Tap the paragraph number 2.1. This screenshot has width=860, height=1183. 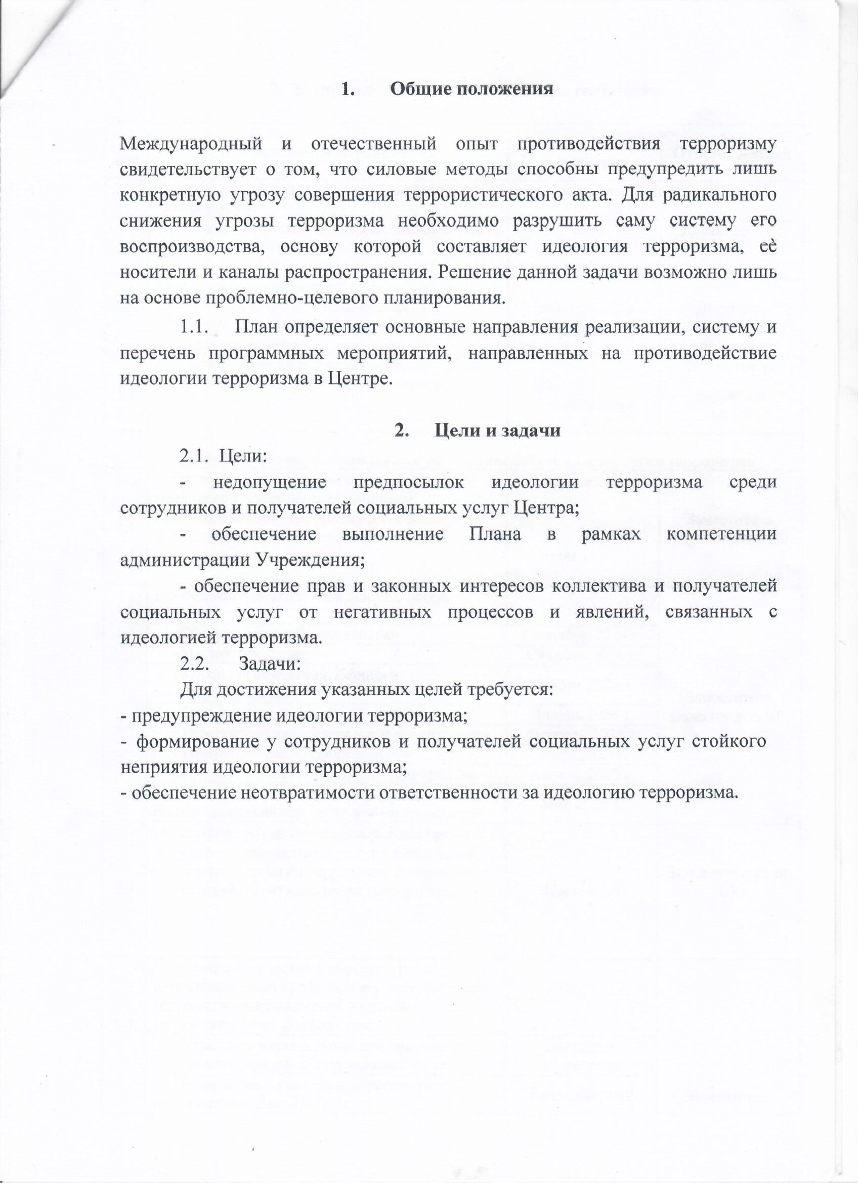point(194,456)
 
